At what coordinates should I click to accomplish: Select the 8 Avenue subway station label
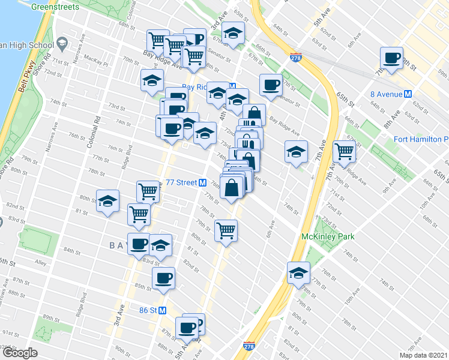[386, 94]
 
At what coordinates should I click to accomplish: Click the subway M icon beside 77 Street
[203, 183]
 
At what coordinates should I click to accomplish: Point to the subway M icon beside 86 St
[170, 310]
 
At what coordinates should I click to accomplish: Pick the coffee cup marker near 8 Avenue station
[392, 59]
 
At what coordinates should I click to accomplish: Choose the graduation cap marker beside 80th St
[108, 201]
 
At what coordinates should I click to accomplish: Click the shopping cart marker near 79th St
[226, 230]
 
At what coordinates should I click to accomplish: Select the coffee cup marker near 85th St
[163, 277]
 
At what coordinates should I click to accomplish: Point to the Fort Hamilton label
[420, 140]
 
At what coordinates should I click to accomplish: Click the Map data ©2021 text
[424, 355]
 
